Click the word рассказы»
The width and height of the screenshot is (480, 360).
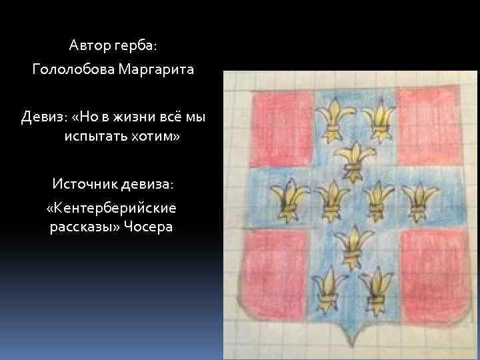(x=83, y=227)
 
